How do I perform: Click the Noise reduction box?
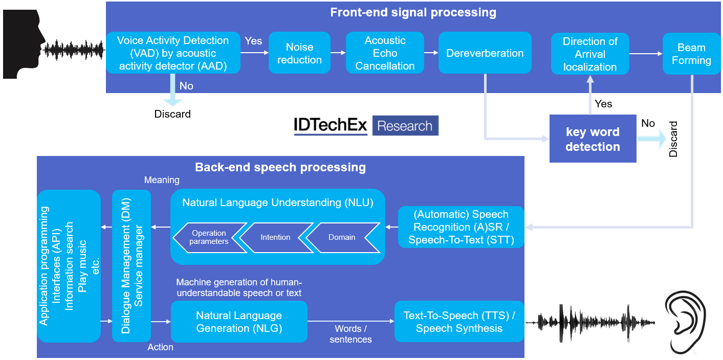[299, 53]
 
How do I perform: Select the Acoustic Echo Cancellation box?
[385, 53]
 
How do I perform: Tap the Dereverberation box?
[485, 53]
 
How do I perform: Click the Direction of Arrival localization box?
[590, 54]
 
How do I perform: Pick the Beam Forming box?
[691, 54]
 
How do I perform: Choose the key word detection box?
[593, 139]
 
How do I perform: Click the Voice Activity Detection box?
[173, 53]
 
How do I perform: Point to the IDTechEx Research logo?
[366, 126]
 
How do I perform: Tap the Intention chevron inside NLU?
[275, 237]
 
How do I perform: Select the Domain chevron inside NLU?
[342, 237]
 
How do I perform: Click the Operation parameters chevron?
[207, 237]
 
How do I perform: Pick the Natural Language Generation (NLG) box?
[239, 322]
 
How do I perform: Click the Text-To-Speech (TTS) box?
[459, 322]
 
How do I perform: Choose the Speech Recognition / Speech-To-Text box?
[461, 227]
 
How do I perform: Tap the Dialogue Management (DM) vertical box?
[132, 266]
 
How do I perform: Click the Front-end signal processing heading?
[413, 12]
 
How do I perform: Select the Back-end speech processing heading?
[280, 167]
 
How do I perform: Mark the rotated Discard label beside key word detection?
[673, 139]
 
